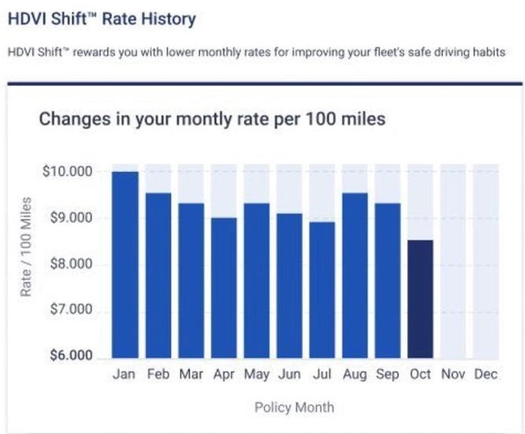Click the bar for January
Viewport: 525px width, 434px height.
(125, 265)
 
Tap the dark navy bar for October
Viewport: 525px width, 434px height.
(420, 299)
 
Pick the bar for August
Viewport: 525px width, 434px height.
(355, 276)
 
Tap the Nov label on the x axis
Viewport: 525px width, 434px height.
(453, 374)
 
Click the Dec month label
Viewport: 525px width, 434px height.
(486, 374)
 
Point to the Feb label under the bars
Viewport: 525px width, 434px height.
(158, 374)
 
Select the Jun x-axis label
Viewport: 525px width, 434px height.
(289, 374)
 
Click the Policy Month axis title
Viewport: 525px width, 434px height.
(294, 407)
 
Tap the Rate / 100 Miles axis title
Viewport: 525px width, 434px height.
(27, 247)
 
